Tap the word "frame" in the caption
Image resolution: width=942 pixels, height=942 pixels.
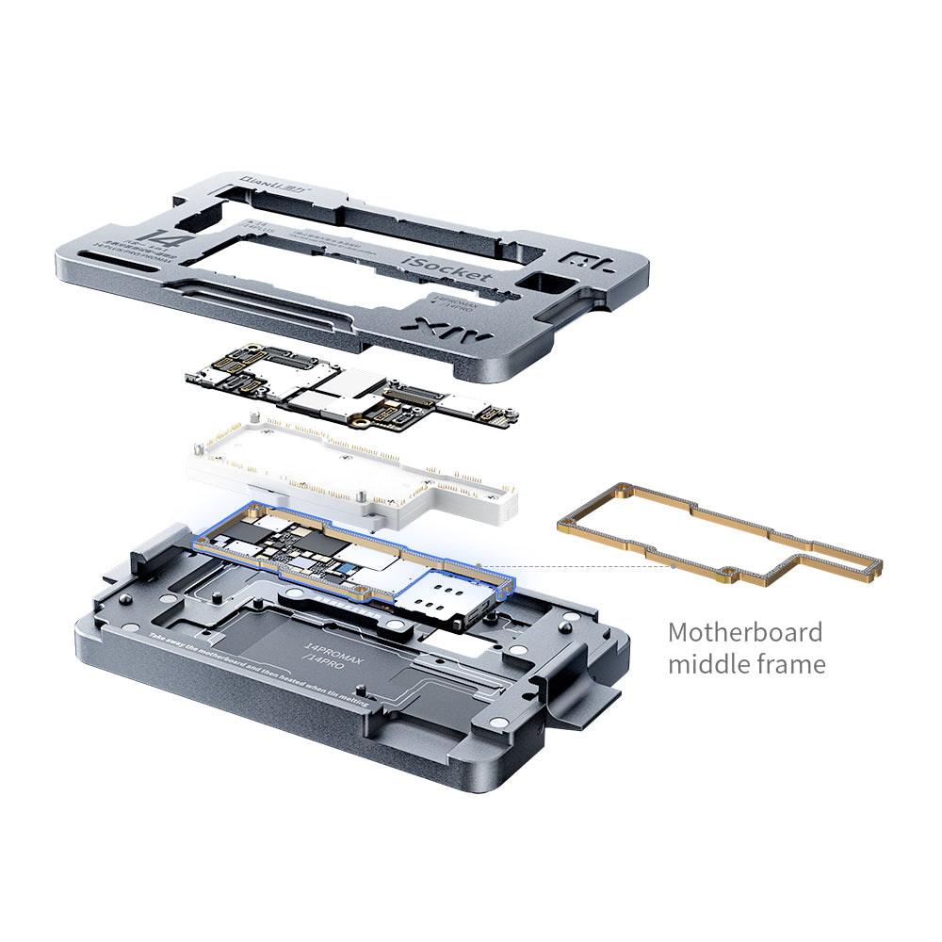791,664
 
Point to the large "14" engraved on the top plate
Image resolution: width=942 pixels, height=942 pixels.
154,235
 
